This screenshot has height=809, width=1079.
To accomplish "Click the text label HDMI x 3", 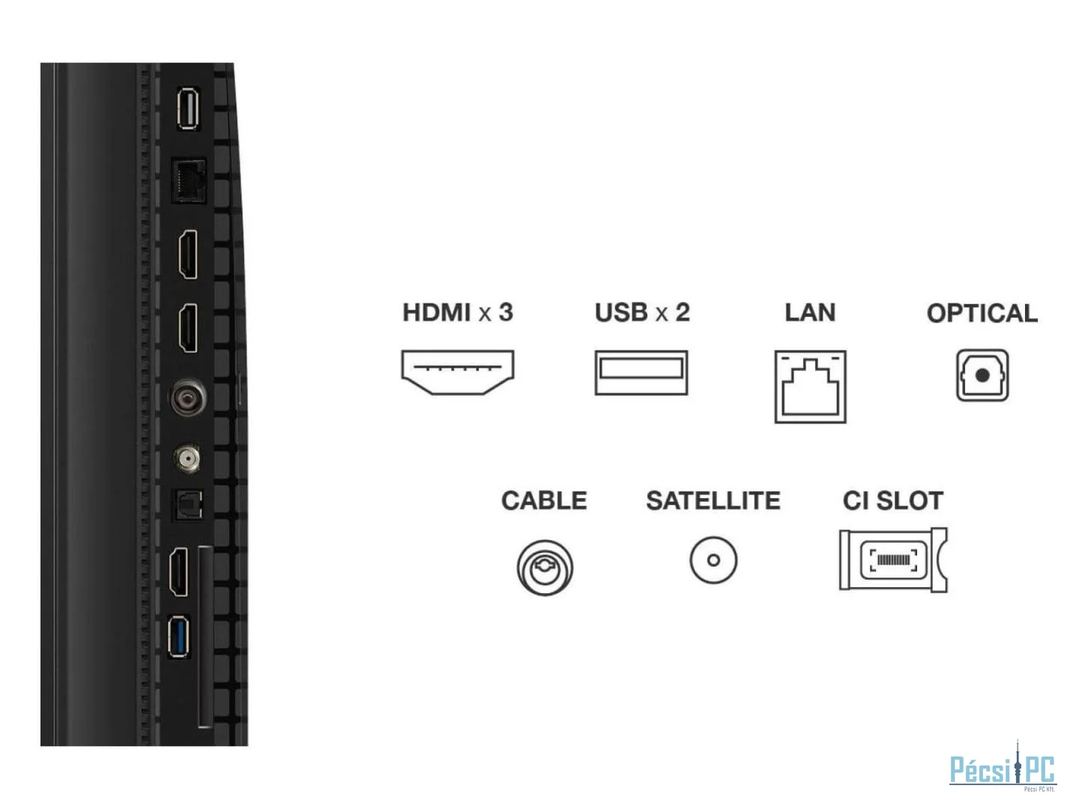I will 457,312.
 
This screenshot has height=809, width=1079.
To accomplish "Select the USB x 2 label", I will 642,312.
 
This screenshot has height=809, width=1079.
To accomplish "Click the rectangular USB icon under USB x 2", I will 641,372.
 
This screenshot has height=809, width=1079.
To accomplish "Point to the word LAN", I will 810,312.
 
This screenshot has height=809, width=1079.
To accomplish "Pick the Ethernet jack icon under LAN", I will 810,387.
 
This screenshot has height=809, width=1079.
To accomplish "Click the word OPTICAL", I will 982,313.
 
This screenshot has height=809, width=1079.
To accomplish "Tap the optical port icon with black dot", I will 982,375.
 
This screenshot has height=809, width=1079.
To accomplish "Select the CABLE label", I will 544,500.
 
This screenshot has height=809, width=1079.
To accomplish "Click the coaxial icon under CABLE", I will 545,568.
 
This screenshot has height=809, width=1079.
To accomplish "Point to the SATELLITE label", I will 713,500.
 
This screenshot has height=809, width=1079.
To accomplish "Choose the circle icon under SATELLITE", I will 713,560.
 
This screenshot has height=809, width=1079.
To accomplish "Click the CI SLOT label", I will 892,500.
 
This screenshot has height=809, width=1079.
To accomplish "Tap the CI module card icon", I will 892,560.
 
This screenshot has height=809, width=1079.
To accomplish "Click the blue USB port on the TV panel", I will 179,637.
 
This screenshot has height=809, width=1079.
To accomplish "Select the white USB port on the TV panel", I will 187,109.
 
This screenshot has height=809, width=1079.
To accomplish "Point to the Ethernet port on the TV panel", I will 189,180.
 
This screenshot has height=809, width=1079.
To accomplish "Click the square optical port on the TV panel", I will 187,505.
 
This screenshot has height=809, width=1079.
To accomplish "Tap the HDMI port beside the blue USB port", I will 179,572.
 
